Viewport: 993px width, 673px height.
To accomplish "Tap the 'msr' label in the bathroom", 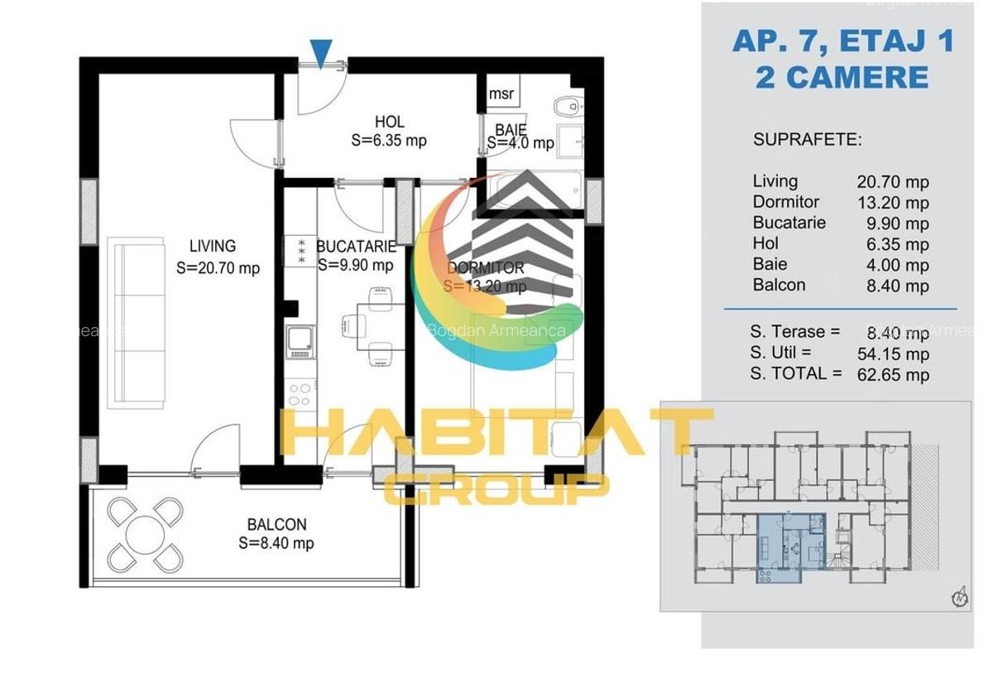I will [501, 94].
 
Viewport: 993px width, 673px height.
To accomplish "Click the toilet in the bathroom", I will [567, 106].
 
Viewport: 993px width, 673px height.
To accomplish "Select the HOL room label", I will [389, 123].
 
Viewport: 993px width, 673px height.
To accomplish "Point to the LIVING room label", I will [213, 246].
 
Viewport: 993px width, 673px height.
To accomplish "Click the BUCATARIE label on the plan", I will [355, 246].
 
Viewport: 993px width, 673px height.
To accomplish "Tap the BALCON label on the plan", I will [276, 525].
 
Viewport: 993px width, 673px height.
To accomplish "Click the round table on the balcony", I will [145, 535].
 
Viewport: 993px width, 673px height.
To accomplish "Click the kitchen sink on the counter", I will [299, 340].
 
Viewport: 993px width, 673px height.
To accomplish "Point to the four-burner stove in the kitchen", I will [299, 392].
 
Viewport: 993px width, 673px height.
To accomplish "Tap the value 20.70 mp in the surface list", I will [892, 182].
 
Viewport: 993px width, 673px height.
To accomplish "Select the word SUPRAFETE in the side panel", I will [807, 139].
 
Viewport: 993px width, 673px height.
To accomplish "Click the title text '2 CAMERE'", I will [842, 77].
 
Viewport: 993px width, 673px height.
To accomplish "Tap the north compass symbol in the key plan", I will [960, 597].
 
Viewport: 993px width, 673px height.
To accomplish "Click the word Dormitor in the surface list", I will [785, 202].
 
